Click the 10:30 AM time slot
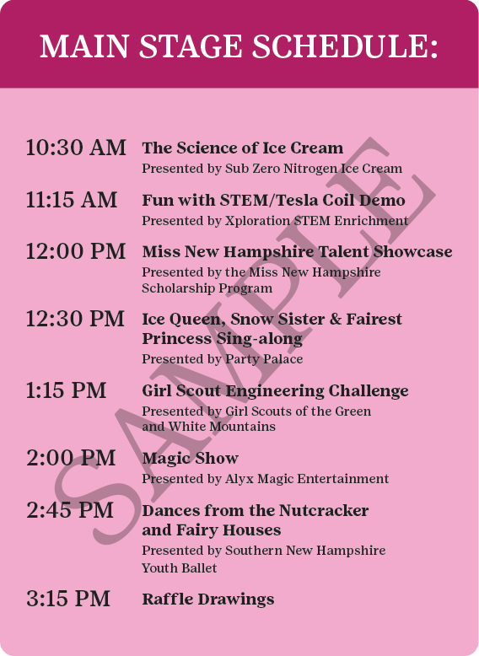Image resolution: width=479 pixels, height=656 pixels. pyautogui.click(x=76, y=148)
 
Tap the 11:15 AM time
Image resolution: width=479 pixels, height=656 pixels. pyautogui.click(x=72, y=200)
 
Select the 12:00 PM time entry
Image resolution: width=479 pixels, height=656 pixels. pyautogui.click(x=76, y=251)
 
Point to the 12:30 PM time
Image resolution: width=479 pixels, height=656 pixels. pyautogui.click(x=75, y=319)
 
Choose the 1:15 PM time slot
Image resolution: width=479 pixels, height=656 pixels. pyautogui.click(x=66, y=390)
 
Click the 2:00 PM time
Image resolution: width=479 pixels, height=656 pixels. pyautogui.click(x=71, y=458)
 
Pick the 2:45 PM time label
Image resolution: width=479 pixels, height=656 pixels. pyautogui.click(x=70, y=510)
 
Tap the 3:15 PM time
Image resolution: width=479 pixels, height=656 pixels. pyautogui.click(x=68, y=599)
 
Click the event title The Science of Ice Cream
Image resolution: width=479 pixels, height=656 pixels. pyautogui.click(x=243, y=148)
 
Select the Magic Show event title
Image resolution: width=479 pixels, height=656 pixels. pyautogui.click(x=191, y=458)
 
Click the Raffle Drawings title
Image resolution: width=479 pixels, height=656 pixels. pyautogui.click(x=208, y=600)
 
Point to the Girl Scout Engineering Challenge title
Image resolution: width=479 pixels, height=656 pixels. pyautogui.click(x=275, y=390)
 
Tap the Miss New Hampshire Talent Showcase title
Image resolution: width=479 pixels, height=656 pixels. pyautogui.click(x=297, y=251)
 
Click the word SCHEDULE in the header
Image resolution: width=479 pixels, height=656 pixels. pyautogui.click(x=345, y=46)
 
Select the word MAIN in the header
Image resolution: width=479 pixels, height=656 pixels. pyautogui.click(x=83, y=46)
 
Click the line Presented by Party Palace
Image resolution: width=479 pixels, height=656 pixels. pyautogui.click(x=222, y=359)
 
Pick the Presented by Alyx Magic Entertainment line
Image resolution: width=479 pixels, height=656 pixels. pyautogui.click(x=266, y=479)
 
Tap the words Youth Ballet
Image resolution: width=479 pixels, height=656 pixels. pyautogui.click(x=179, y=567)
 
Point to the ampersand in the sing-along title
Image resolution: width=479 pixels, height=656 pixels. pyautogui.click(x=336, y=319)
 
